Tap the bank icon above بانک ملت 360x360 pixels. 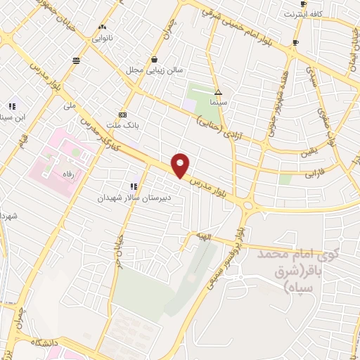[x=122, y=115]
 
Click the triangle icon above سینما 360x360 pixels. [x=218, y=92]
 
